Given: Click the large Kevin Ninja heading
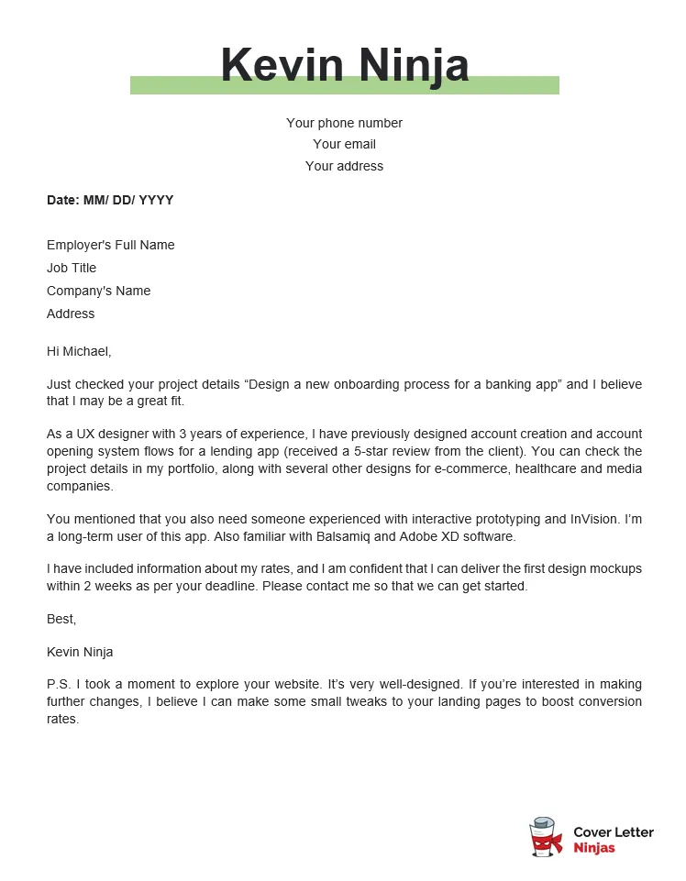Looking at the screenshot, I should coord(344,66).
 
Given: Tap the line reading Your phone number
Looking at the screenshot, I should coord(344,123).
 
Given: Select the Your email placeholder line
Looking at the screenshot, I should coord(344,144).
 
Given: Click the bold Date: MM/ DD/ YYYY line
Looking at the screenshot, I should coord(110,200).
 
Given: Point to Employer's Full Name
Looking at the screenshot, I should coord(110,245).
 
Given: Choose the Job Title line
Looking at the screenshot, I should coord(72,268).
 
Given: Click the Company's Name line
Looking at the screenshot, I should coord(98,291).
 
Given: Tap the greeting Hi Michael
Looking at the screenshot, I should coord(79,351).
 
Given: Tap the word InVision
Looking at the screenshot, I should coord(586,519).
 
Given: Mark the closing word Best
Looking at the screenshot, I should coord(61,619).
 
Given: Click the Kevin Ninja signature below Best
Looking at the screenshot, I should coord(80,652).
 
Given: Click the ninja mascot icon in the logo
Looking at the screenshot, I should coord(546,837).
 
